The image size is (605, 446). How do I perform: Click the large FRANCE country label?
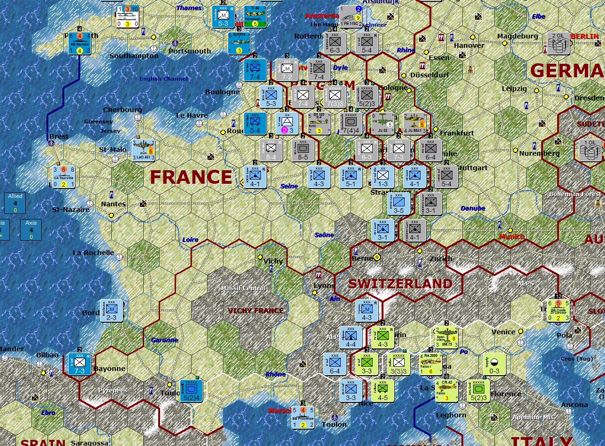click(191, 177)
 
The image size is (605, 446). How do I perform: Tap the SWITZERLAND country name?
click(400, 284)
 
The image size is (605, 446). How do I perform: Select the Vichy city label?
click(273, 261)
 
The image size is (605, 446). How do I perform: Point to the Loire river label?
click(190, 240)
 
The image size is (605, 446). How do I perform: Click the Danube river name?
click(473, 208)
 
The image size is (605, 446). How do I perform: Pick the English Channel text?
click(163, 79)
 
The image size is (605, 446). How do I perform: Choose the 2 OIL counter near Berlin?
click(558, 43)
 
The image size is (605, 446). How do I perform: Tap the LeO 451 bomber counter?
click(144, 151)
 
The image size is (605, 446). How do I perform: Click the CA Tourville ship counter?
click(65, 176)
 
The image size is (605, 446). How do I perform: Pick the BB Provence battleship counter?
click(303, 417)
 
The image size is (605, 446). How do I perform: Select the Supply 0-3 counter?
click(494, 364)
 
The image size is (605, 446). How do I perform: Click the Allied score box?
click(15, 203)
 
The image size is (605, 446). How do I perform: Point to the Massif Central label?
click(243, 288)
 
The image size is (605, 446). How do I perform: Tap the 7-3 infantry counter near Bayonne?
click(79, 364)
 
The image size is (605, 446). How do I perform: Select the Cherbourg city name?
click(122, 110)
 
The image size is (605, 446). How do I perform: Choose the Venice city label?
click(503, 332)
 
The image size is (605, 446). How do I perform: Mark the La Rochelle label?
click(93, 253)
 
